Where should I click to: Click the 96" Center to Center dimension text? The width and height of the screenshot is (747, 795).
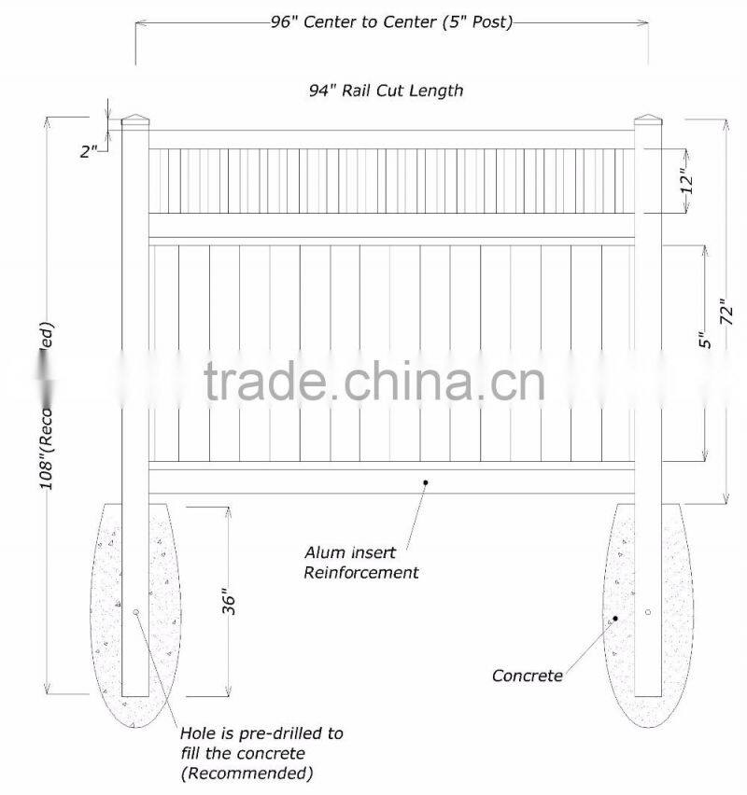(x=386, y=21)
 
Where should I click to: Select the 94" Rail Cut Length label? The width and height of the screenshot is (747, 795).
(x=386, y=91)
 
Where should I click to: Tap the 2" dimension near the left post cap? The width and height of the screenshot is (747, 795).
(x=90, y=149)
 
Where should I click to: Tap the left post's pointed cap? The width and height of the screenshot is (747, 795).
(x=137, y=120)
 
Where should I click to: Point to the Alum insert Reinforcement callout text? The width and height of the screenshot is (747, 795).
(x=360, y=564)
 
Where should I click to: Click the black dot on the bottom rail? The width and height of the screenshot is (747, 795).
(x=425, y=482)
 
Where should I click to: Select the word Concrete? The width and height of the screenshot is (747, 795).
(x=528, y=675)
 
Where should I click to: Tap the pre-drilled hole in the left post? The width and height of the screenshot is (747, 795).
(x=136, y=612)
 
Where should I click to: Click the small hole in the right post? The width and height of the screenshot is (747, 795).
(x=648, y=612)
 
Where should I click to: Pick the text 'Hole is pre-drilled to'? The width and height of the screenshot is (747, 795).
(x=261, y=733)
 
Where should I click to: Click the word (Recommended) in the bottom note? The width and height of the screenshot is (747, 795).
(x=246, y=773)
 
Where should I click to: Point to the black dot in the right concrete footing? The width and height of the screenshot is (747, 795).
(x=615, y=619)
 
